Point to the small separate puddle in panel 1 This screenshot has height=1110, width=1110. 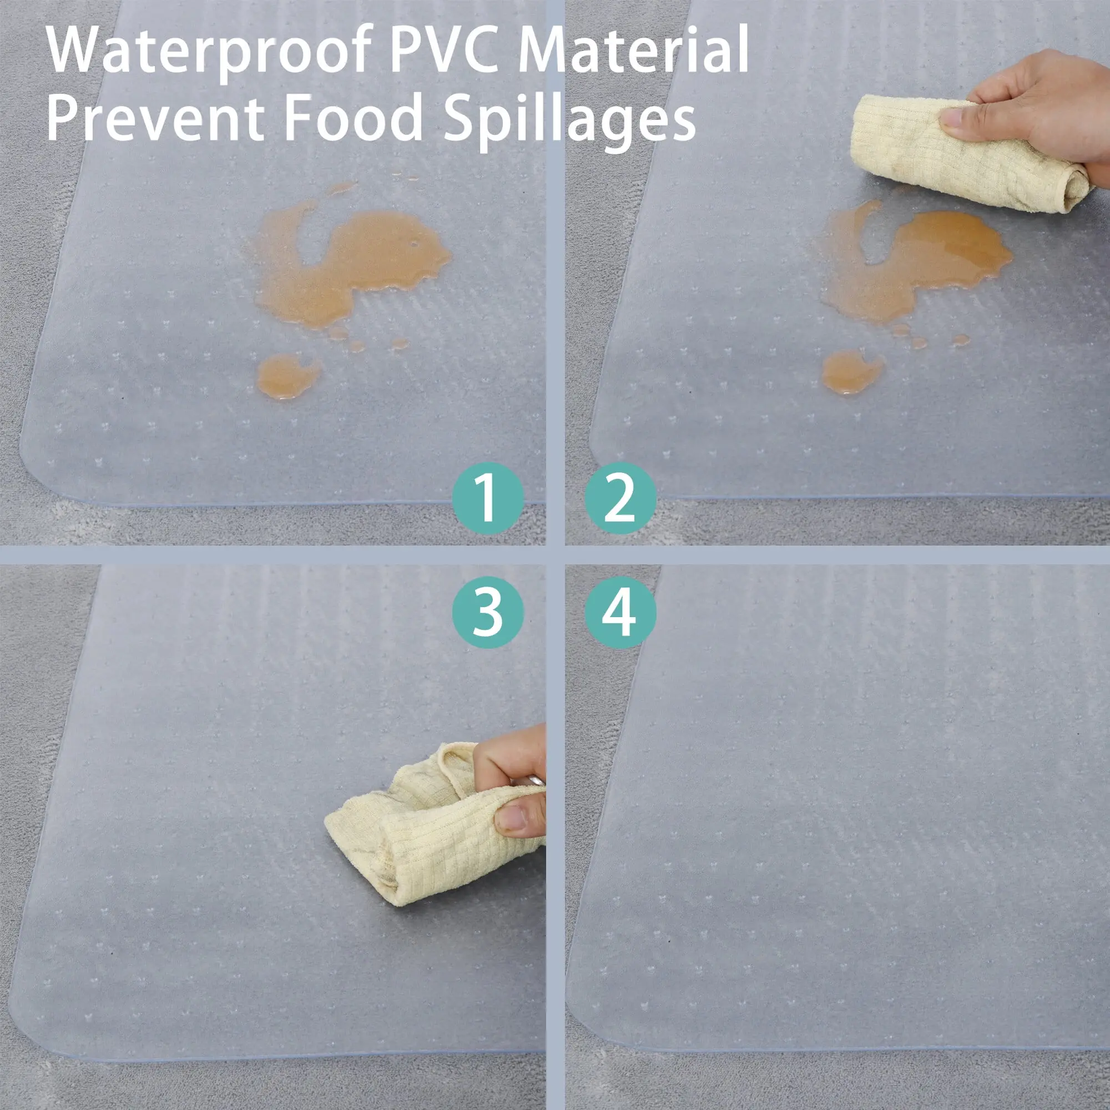click(287, 376)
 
